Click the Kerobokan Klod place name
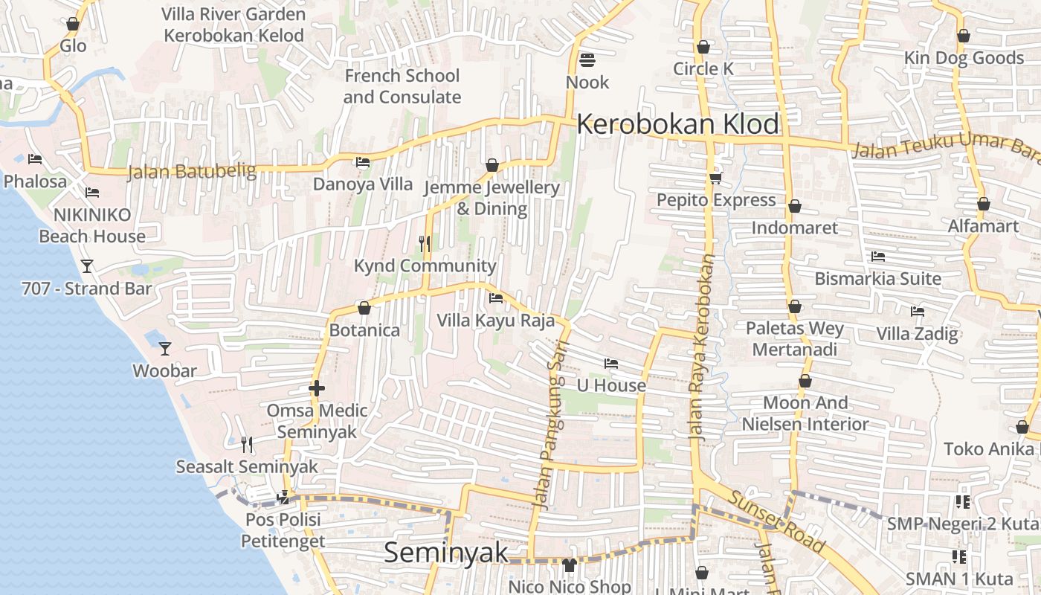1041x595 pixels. pyautogui.click(x=677, y=124)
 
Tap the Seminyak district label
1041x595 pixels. pyautogui.click(x=446, y=553)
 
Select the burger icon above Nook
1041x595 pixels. pyautogui.click(x=587, y=60)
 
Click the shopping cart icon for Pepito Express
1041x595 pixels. pyautogui.click(x=716, y=178)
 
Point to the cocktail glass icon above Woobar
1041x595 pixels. pyautogui.click(x=165, y=348)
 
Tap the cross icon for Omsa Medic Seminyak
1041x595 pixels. pyautogui.click(x=317, y=388)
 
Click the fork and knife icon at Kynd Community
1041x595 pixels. pyautogui.click(x=425, y=243)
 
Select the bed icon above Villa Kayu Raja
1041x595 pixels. pyautogui.click(x=496, y=298)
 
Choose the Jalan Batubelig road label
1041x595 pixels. pyautogui.click(x=192, y=172)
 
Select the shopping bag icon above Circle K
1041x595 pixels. pyautogui.click(x=703, y=47)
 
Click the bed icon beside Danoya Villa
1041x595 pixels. pyautogui.click(x=363, y=162)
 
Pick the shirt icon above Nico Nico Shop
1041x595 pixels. pyautogui.click(x=570, y=565)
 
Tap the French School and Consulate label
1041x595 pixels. pyautogui.click(x=402, y=86)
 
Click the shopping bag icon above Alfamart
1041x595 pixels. pyautogui.click(x=983, y=204)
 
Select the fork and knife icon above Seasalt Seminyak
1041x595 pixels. pyautogui.click(x=247, y=445)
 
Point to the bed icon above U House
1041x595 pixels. pyautogui.click(x=611, y=364)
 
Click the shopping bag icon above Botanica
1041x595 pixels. pyautogui.click(x=364, y=308)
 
